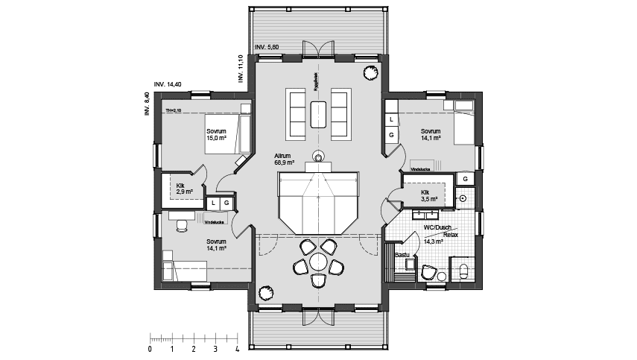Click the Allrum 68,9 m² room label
(x=284, y=158)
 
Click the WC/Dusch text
(x=437, y=227)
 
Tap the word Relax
(x=450, y=234)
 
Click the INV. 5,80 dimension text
(x=267, y=47)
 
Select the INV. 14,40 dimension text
(x=168, y=84)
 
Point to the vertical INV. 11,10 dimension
(x=240, y=67)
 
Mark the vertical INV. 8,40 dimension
(x=147, y=104)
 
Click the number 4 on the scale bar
(x=237, y=348)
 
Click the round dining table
(x=318, y=262)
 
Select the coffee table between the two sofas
(x=318, y=114)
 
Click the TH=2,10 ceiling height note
(x=174, y=110)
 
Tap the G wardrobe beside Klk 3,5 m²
(x=466, y=179)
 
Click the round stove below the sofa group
(x=318, y=156)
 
